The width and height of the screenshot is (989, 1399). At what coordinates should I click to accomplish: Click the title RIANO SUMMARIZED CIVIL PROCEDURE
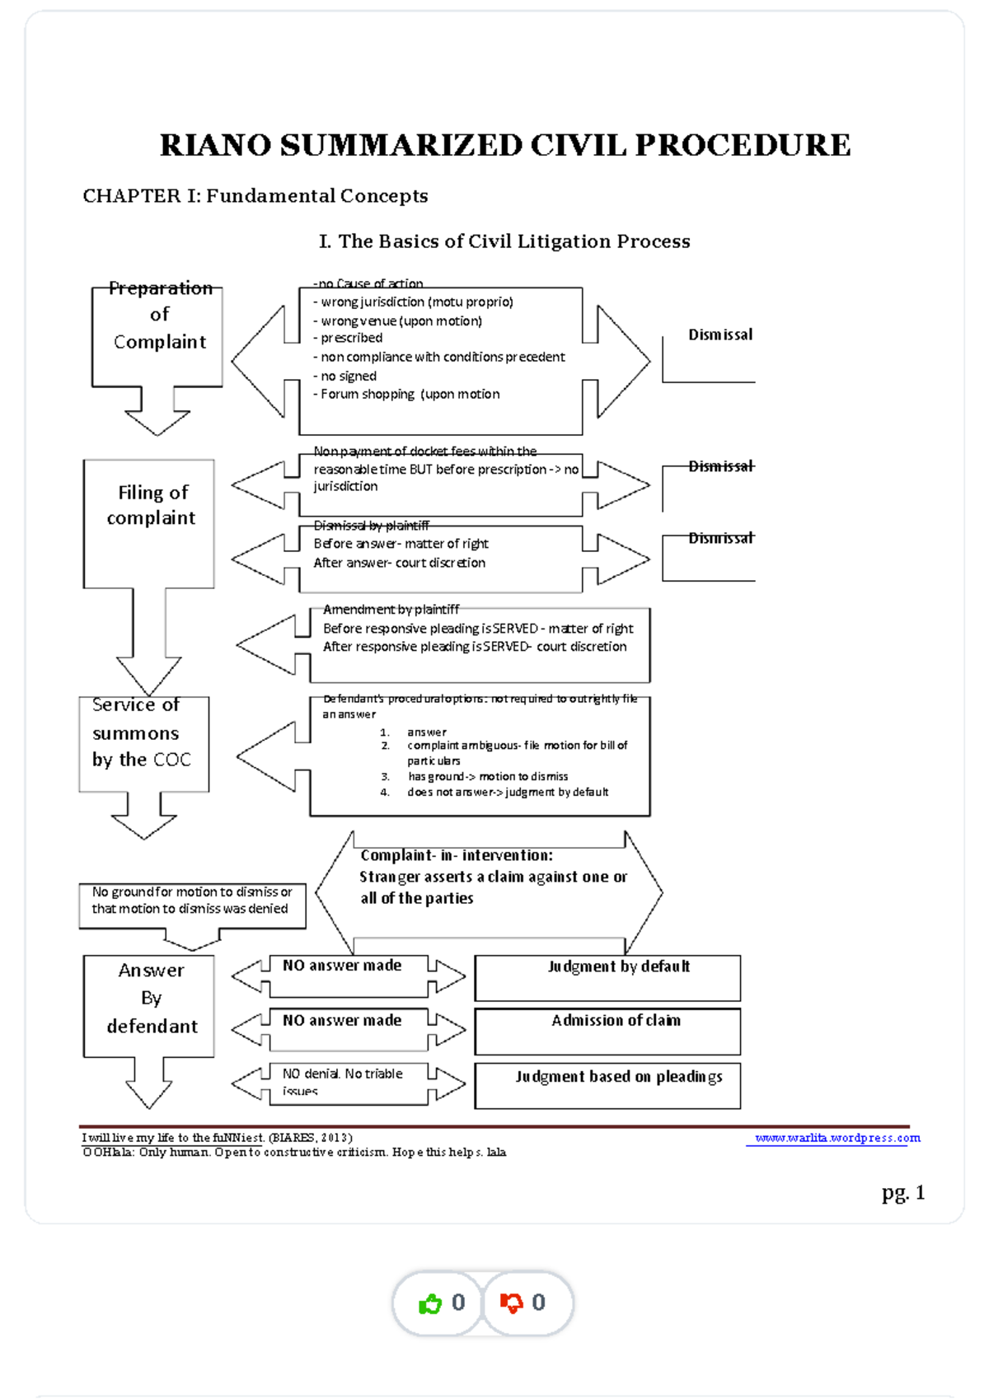pyautogui.click(x=504, y=145)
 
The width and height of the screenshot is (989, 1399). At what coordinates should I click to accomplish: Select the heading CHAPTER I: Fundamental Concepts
pyautogui.click(x=255, y=196)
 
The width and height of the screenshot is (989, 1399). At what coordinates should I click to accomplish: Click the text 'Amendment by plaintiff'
pyautogui.click(x=391, y=610)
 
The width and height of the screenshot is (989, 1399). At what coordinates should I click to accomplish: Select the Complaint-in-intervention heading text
pyautogui.click(x=457, y=856)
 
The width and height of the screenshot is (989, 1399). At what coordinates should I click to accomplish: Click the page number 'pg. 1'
pyautogui.click(x=903, y=1192)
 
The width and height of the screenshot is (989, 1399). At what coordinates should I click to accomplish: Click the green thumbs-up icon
pyautogui.click(x=430, y=1303)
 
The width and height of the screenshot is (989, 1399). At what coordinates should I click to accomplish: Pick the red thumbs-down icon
pyautogui.click(x=511, y=1303)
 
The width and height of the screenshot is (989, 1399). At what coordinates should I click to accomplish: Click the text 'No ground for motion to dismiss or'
pyautogui.click(x=192, y=892)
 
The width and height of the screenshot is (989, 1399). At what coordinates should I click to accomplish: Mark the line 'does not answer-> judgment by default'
pyautogui.click(x=508, y=793)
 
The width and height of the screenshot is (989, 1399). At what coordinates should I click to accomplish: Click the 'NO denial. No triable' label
pyautogui.click(x=342, y=1074)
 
